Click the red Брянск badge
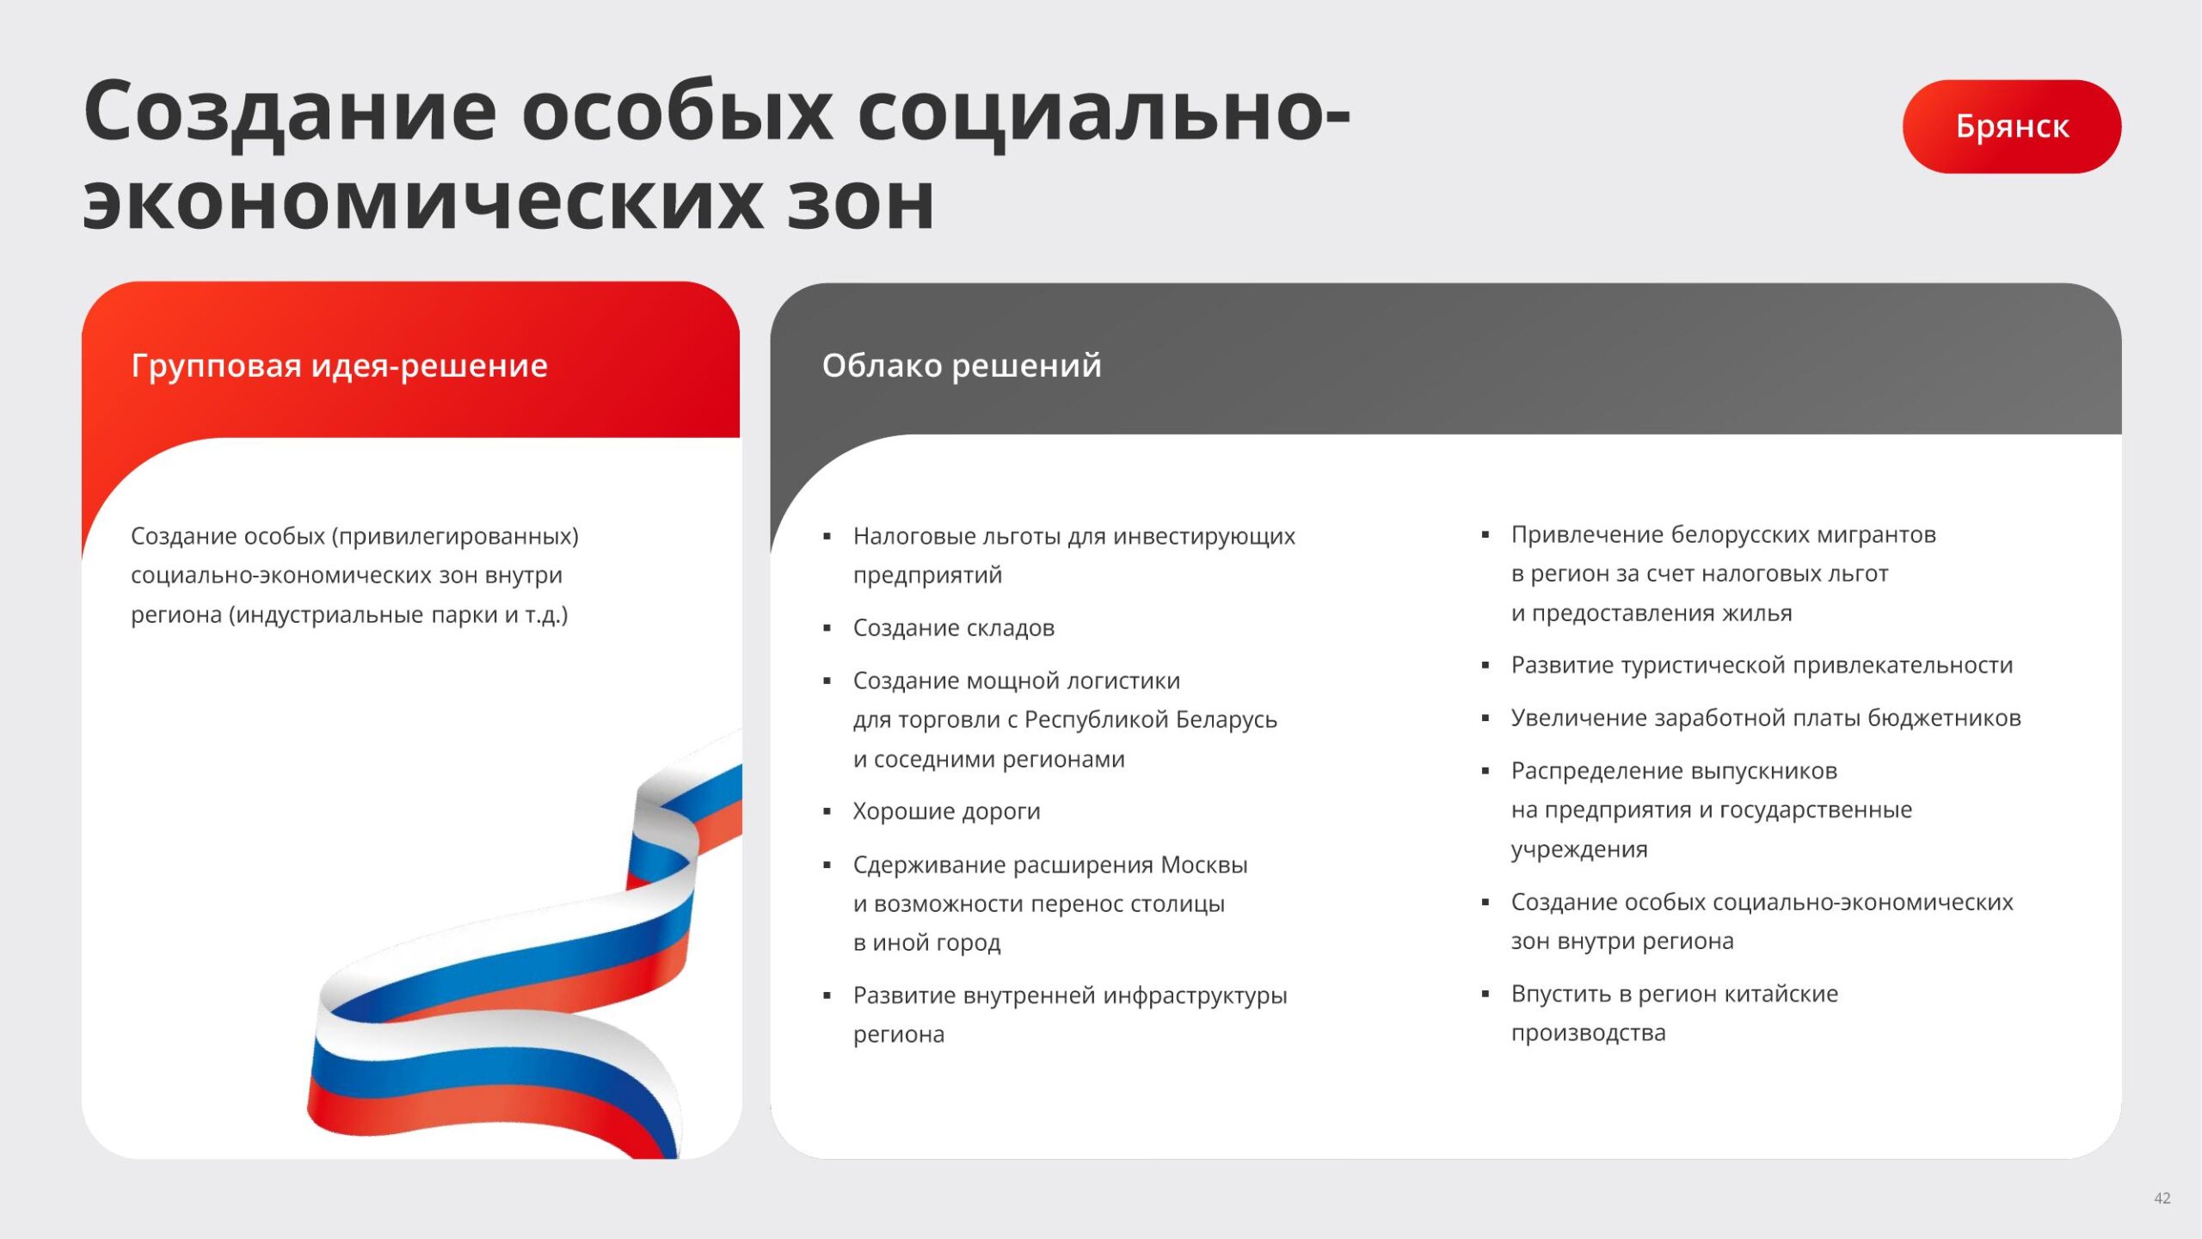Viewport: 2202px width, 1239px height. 2011,126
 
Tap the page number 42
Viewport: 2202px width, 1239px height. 2162,1198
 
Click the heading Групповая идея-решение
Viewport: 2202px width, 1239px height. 339,366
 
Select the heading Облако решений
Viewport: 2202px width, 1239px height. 962,366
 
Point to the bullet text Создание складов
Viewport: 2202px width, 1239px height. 954,628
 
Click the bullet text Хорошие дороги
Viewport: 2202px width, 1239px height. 946,811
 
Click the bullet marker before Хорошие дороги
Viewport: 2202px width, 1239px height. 827,812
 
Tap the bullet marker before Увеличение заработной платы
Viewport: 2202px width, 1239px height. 1485,718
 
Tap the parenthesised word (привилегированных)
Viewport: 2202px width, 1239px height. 457,536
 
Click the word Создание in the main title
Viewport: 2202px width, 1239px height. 291,113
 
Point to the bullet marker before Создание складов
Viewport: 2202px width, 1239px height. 827,629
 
